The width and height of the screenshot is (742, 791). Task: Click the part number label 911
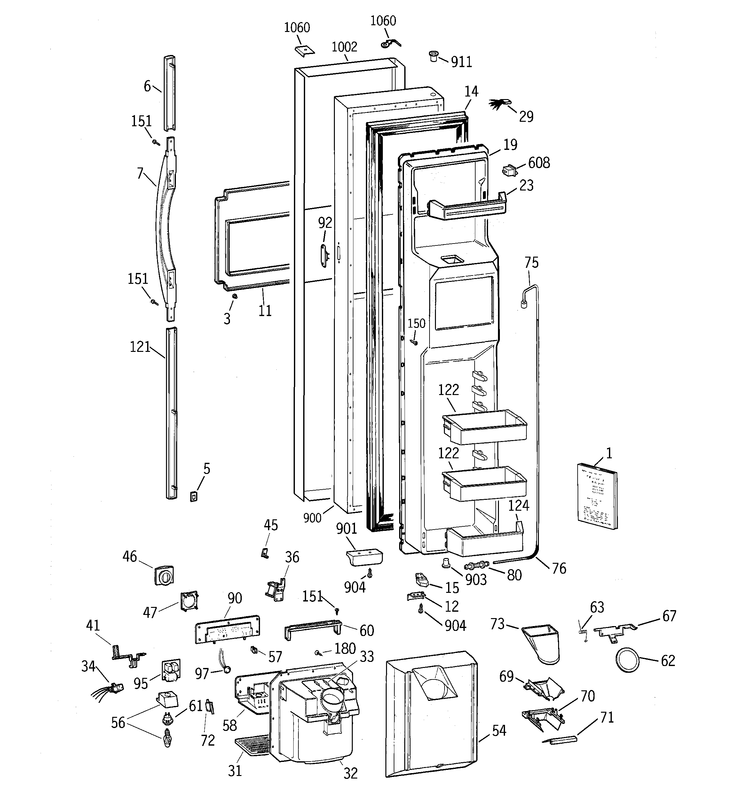[x=461, y=62]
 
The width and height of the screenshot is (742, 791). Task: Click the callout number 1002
[x=344, y=47]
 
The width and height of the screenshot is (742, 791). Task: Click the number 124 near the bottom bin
[x=518, y=506]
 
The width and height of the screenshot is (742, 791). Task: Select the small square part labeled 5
[x=193, y=497]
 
